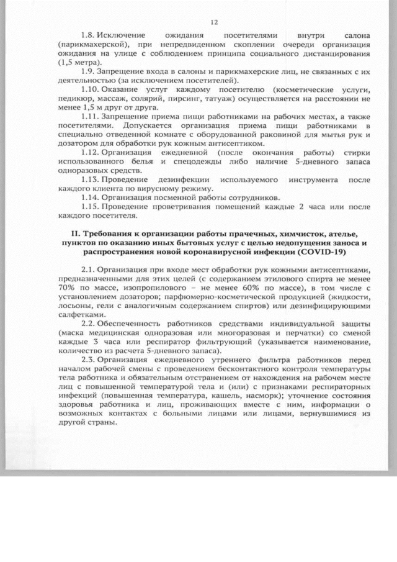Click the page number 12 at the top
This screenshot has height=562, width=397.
215,23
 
